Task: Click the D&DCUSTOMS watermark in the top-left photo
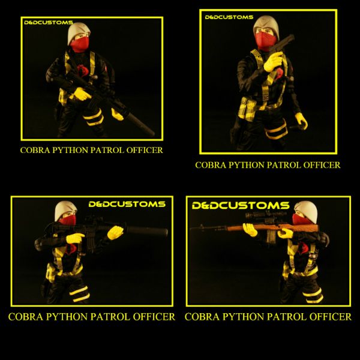click(49, 23)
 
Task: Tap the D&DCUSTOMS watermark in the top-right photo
click(229, 17)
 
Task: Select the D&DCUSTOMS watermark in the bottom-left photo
click(127, 204)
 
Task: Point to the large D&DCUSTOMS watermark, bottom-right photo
click(241, 205)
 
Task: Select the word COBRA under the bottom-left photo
click(26, 317)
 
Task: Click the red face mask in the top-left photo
click(80, 44)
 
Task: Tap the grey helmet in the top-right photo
click(266, 26)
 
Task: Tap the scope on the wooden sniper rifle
click(266, 215)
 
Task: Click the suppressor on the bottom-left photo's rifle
click(146, 231)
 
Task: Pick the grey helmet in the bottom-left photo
click(65, 210)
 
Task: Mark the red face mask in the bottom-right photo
click(302, 220)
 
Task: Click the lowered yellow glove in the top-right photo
click(301, 121)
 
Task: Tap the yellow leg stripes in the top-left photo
click(94, 118)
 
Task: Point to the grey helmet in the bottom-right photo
click(307, 211)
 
